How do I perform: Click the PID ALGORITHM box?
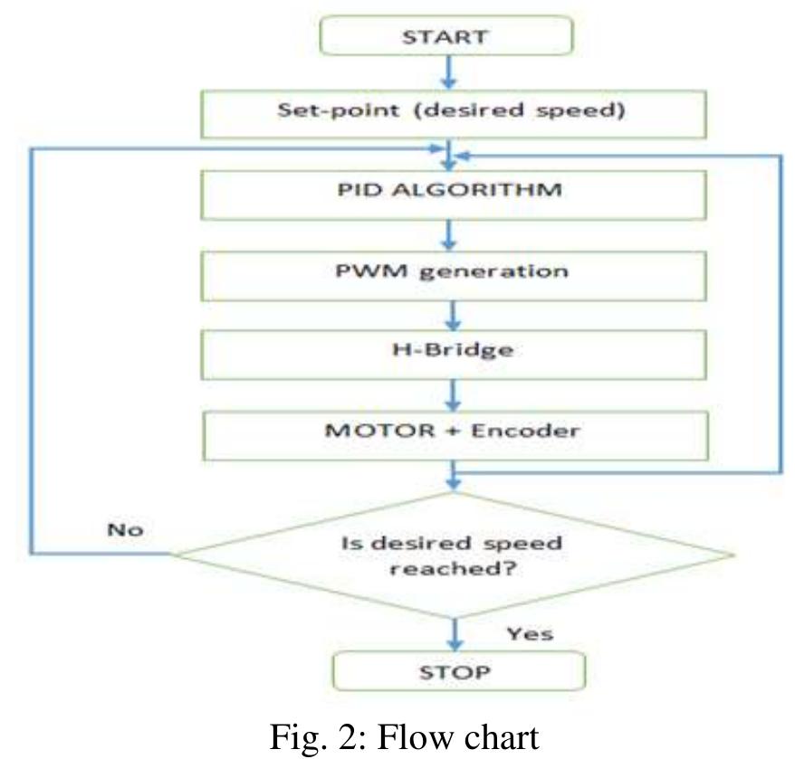tap(452, 193)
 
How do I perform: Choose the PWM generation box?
tap(452, 271)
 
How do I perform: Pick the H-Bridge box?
tap(452, 351)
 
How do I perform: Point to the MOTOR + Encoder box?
tap(452, 431)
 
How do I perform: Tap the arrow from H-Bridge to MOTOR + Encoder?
tap(452, 392)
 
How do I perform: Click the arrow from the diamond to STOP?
tap(452, 630)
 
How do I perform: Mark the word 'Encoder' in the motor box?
tap(530, 431)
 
